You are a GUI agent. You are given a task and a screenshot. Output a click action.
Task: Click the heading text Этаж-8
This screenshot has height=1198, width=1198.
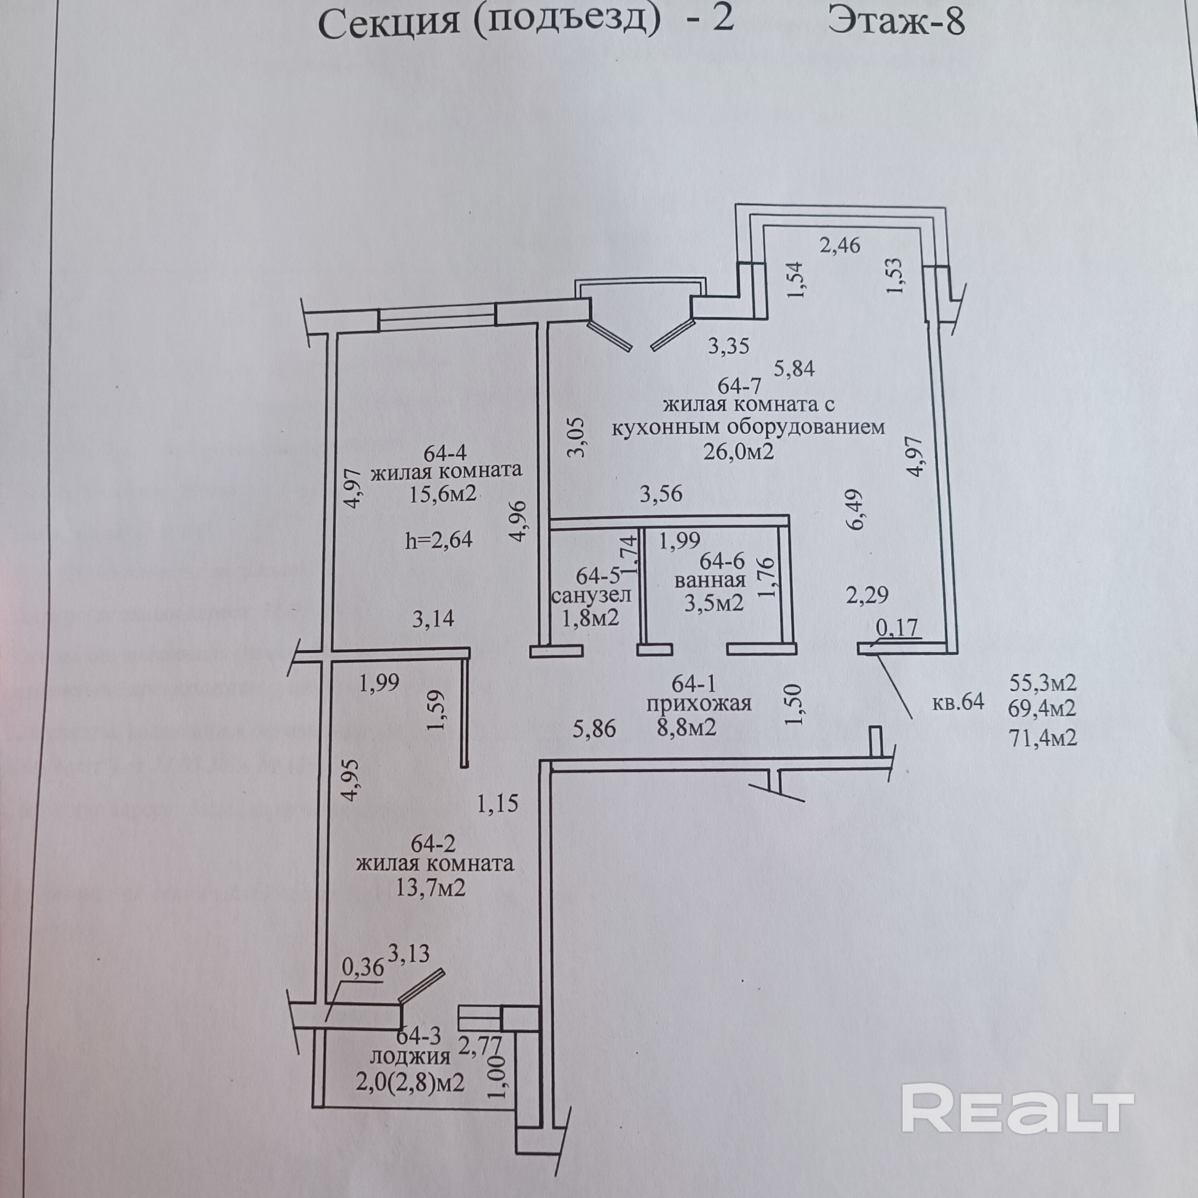click(896, 23)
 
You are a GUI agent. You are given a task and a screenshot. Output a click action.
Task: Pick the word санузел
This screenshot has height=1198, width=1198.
click(591, 596)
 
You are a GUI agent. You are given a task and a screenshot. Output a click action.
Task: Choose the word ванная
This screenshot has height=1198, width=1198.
click(710, 581)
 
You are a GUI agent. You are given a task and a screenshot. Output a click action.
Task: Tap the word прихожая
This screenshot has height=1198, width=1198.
click(699, 704)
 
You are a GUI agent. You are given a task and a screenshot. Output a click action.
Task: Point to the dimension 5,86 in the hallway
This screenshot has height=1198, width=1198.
click(594, 729)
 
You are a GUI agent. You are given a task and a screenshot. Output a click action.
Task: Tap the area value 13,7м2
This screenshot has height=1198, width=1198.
click(430, 888)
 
